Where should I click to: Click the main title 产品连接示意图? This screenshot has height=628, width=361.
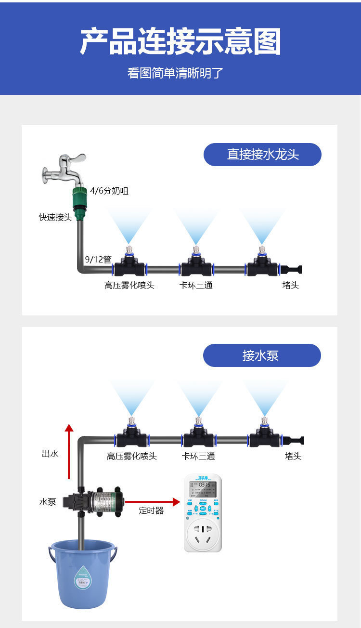[180, 42]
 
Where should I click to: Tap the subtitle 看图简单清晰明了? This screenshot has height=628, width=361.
[176, 73]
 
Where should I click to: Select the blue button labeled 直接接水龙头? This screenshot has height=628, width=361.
[262, 155]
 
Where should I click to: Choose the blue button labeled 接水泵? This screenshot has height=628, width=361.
[261, 355]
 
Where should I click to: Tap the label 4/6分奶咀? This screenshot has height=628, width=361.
[109, 191]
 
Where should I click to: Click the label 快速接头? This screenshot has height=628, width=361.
[55, 217]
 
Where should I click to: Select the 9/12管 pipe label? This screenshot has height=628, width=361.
[98, 260]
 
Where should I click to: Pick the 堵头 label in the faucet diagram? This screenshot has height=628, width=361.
[290, 285]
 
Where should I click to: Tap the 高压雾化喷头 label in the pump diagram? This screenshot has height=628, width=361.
[131, 456]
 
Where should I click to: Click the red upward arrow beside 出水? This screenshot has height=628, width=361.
[69, 451]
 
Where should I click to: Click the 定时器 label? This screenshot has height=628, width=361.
[151, 510]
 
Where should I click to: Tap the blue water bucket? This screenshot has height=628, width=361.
[83, 573]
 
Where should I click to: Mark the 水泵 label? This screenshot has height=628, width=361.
[48, 502]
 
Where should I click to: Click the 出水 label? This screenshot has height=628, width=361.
[50, 454]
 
